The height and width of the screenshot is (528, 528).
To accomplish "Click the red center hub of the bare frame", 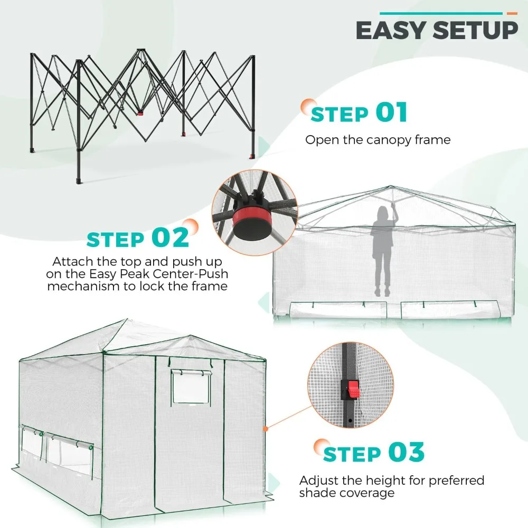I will tap(140, 112).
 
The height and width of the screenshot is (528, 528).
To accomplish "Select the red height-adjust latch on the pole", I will tap(351, 390).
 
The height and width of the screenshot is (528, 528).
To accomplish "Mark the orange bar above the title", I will tap(512, 13).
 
